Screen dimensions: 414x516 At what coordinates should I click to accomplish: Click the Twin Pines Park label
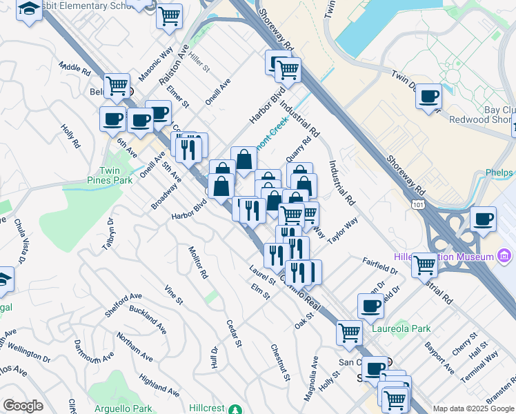pyautogui.click(x=116, y=175)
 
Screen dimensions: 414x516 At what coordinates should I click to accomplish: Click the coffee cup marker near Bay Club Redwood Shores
pyautogui.click(x=429, y=97)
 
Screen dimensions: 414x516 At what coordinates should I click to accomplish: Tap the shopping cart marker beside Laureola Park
pyautogui.click(x=350, y=333)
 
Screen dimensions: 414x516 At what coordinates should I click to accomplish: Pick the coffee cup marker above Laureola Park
pyautogui.click(x=371, y=306)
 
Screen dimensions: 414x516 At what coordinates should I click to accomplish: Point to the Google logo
pyautogui.click(x=23, y=406)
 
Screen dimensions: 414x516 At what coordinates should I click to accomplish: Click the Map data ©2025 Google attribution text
pyautogui.click(x=473, y=408)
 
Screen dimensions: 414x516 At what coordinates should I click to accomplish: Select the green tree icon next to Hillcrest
pyautogui.click(x=237, y=408)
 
